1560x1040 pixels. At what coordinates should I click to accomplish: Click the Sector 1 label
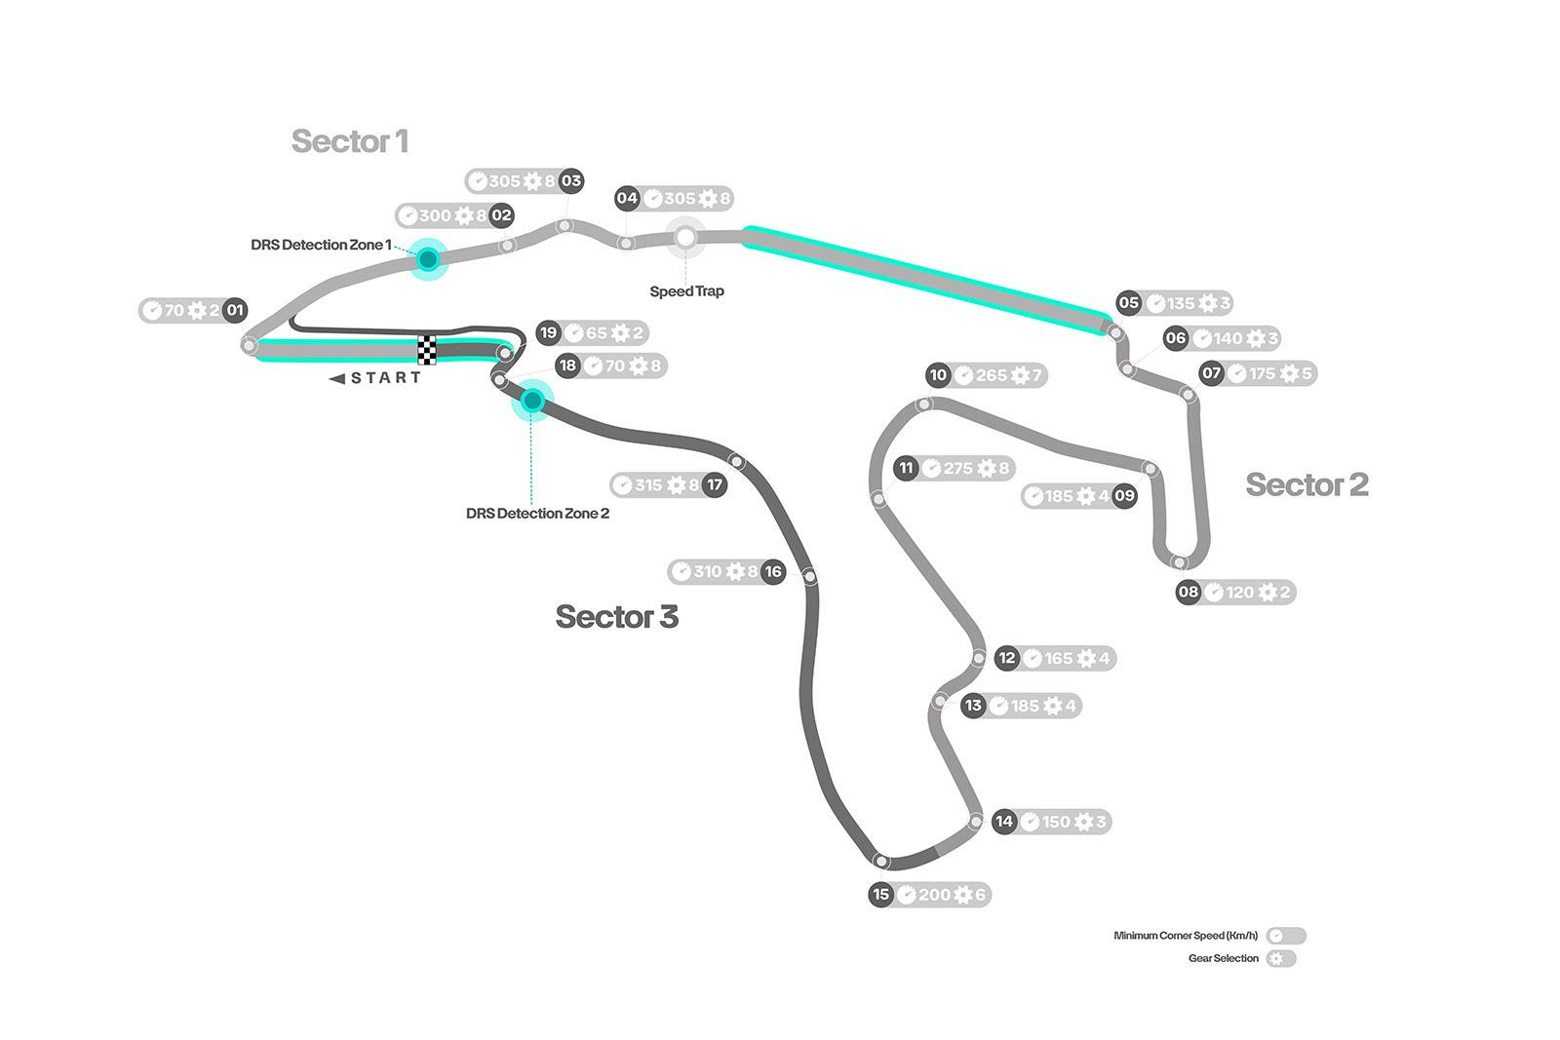click(349, 141)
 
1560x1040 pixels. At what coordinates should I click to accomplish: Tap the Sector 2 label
click(1306, 484)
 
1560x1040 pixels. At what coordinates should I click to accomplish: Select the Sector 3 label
click(616, 617)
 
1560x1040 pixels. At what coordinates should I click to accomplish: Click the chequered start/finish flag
click(427, 350)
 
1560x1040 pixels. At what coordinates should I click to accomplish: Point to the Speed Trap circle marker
click(686, 237)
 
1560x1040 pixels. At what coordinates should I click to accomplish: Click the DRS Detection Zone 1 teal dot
click(427, 258)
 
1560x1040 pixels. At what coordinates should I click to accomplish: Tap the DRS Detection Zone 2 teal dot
click(532, 400)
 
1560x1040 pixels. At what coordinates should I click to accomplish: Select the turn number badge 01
click(235, 311)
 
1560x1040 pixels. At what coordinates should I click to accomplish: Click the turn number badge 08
click(1188, 592)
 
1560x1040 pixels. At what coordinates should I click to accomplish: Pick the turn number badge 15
click(881, 895)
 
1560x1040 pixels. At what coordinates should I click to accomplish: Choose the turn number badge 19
click(549, 332)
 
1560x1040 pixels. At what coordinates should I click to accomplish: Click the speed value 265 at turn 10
click(992, 375)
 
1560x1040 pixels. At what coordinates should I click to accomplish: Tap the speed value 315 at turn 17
click(648, 484)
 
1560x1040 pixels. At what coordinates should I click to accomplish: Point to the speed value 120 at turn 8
click(1240, 592)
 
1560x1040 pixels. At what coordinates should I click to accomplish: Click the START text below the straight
click(386, 378)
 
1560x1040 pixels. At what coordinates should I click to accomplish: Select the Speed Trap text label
click(686, 291)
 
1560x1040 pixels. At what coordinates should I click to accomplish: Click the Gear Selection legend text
click(1223, 958)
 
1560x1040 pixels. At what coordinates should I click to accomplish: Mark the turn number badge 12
click(1007, 658)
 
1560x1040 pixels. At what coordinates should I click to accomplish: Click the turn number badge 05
click(1129, 303)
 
